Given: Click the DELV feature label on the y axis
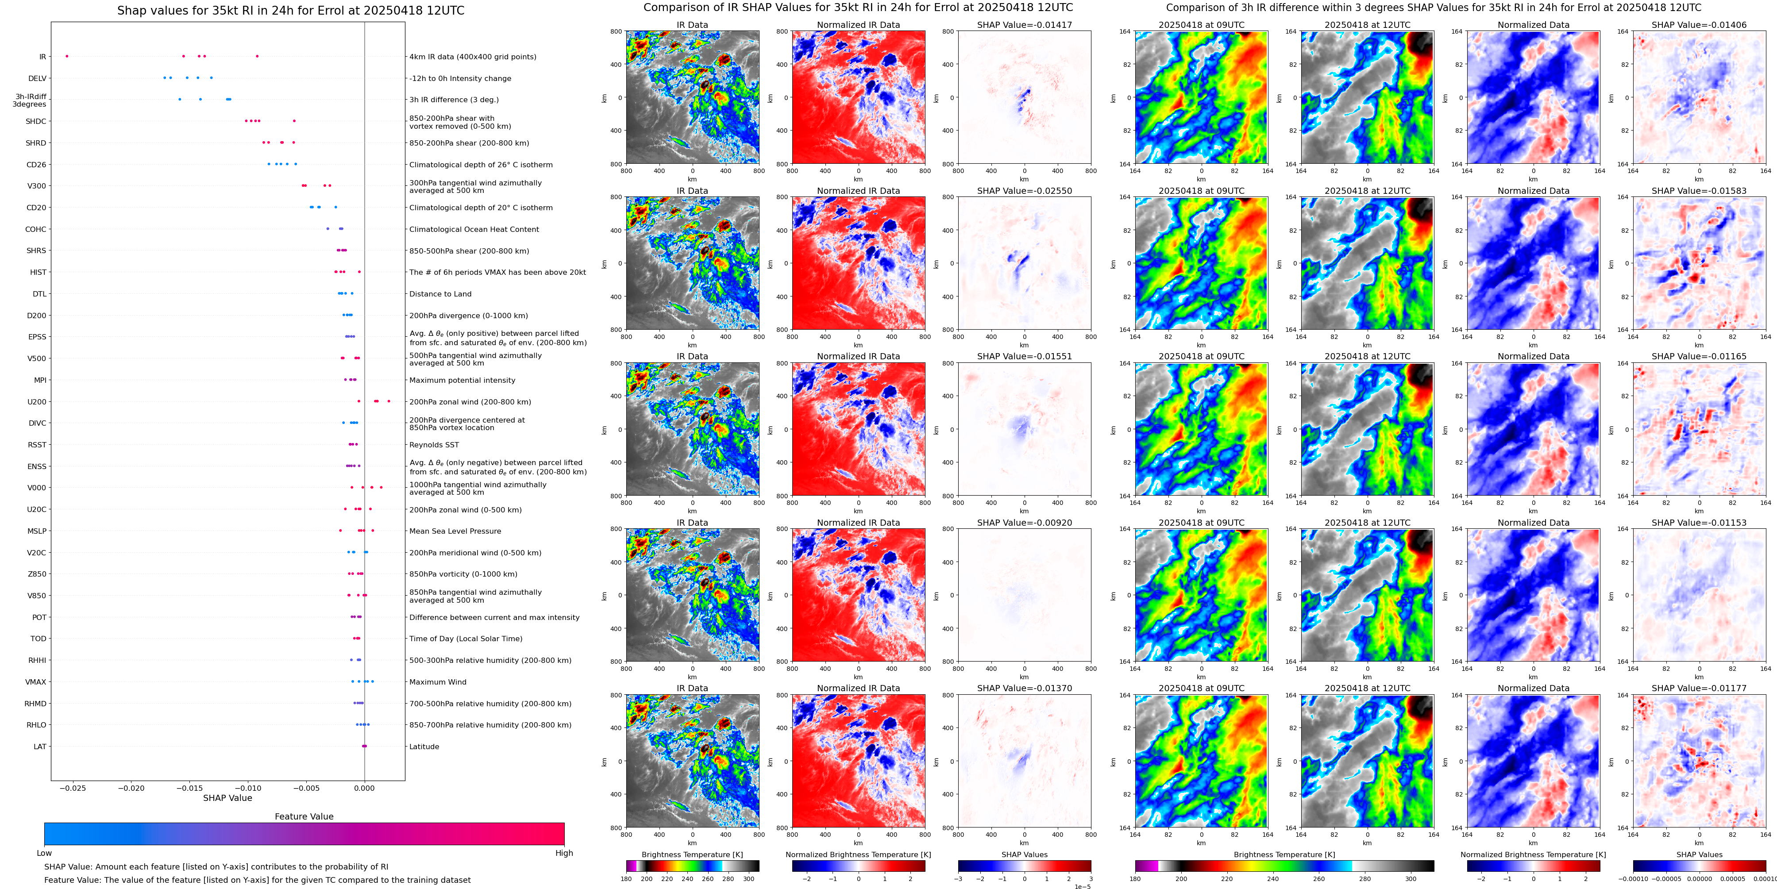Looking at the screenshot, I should [37, 79].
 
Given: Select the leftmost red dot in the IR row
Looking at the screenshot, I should [67, 56].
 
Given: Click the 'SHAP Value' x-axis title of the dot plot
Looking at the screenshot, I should [227, 798].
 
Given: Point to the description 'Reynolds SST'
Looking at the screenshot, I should [434, 445].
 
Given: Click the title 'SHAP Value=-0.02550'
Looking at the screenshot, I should [1025, 191].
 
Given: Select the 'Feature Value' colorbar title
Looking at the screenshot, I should [304, 816].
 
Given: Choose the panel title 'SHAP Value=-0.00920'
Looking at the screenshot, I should [1025, 523].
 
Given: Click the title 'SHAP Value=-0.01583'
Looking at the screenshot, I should [1699, 191].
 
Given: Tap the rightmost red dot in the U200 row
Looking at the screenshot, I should [389, 401].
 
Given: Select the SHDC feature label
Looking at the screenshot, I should [36, 121].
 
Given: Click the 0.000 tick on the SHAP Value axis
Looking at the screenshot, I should [364, 788].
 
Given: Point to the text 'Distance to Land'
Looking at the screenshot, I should [440, 294].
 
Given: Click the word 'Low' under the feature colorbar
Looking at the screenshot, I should [44, 853].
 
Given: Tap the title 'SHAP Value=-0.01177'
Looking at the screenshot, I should [1699, 688].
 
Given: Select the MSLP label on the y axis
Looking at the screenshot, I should [37, 531].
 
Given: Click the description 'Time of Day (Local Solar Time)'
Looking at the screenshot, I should [466, 639].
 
